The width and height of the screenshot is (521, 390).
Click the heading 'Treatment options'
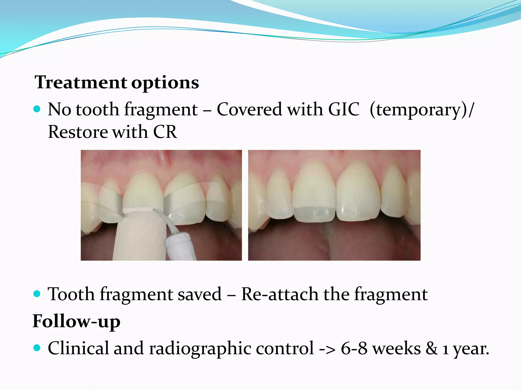(x=117, y=83)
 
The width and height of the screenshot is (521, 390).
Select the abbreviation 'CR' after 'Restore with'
(x=165, y=132)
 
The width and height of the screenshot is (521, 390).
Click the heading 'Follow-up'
(x=76, y=321)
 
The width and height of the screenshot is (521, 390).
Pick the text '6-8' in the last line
(x=354, y=348)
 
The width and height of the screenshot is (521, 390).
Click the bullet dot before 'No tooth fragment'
(x=37, y=109)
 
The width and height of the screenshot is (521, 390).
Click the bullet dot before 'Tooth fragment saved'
(x=37, y=294)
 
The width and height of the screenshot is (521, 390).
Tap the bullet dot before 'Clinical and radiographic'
(x=37, y=348)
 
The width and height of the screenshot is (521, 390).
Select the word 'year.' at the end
(x=471, y=348)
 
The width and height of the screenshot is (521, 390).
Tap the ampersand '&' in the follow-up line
(x=431, y=348)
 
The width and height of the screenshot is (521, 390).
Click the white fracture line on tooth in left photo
(x=137, y=210)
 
